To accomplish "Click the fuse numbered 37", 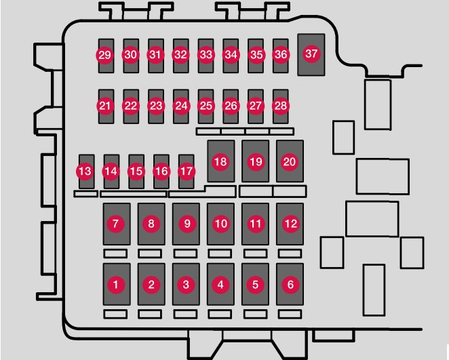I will click(311, 54).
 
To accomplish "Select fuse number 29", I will click(104, 54).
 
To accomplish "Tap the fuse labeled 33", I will click(206, 54).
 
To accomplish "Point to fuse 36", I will click(281, 54).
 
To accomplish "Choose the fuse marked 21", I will click(104, 106).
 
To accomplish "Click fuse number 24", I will click(180, 106).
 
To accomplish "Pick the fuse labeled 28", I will click(281, 106).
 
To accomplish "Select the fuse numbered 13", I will click(85, 171).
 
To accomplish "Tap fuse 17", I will click(186, 171).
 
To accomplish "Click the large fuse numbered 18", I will click(220, 161).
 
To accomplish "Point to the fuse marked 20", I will click(290, 161).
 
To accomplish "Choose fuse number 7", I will click(116, 223).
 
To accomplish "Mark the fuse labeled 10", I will click(220, 223).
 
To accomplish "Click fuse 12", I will click(290, 223).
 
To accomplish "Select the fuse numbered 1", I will click(116, 285).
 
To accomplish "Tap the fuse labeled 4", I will click(220, 285).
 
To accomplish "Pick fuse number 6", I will click(290, 285).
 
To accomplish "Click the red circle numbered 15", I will click(136, 171).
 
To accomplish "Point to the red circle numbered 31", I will click(156, 54).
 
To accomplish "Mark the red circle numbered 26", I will click(231, 106).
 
